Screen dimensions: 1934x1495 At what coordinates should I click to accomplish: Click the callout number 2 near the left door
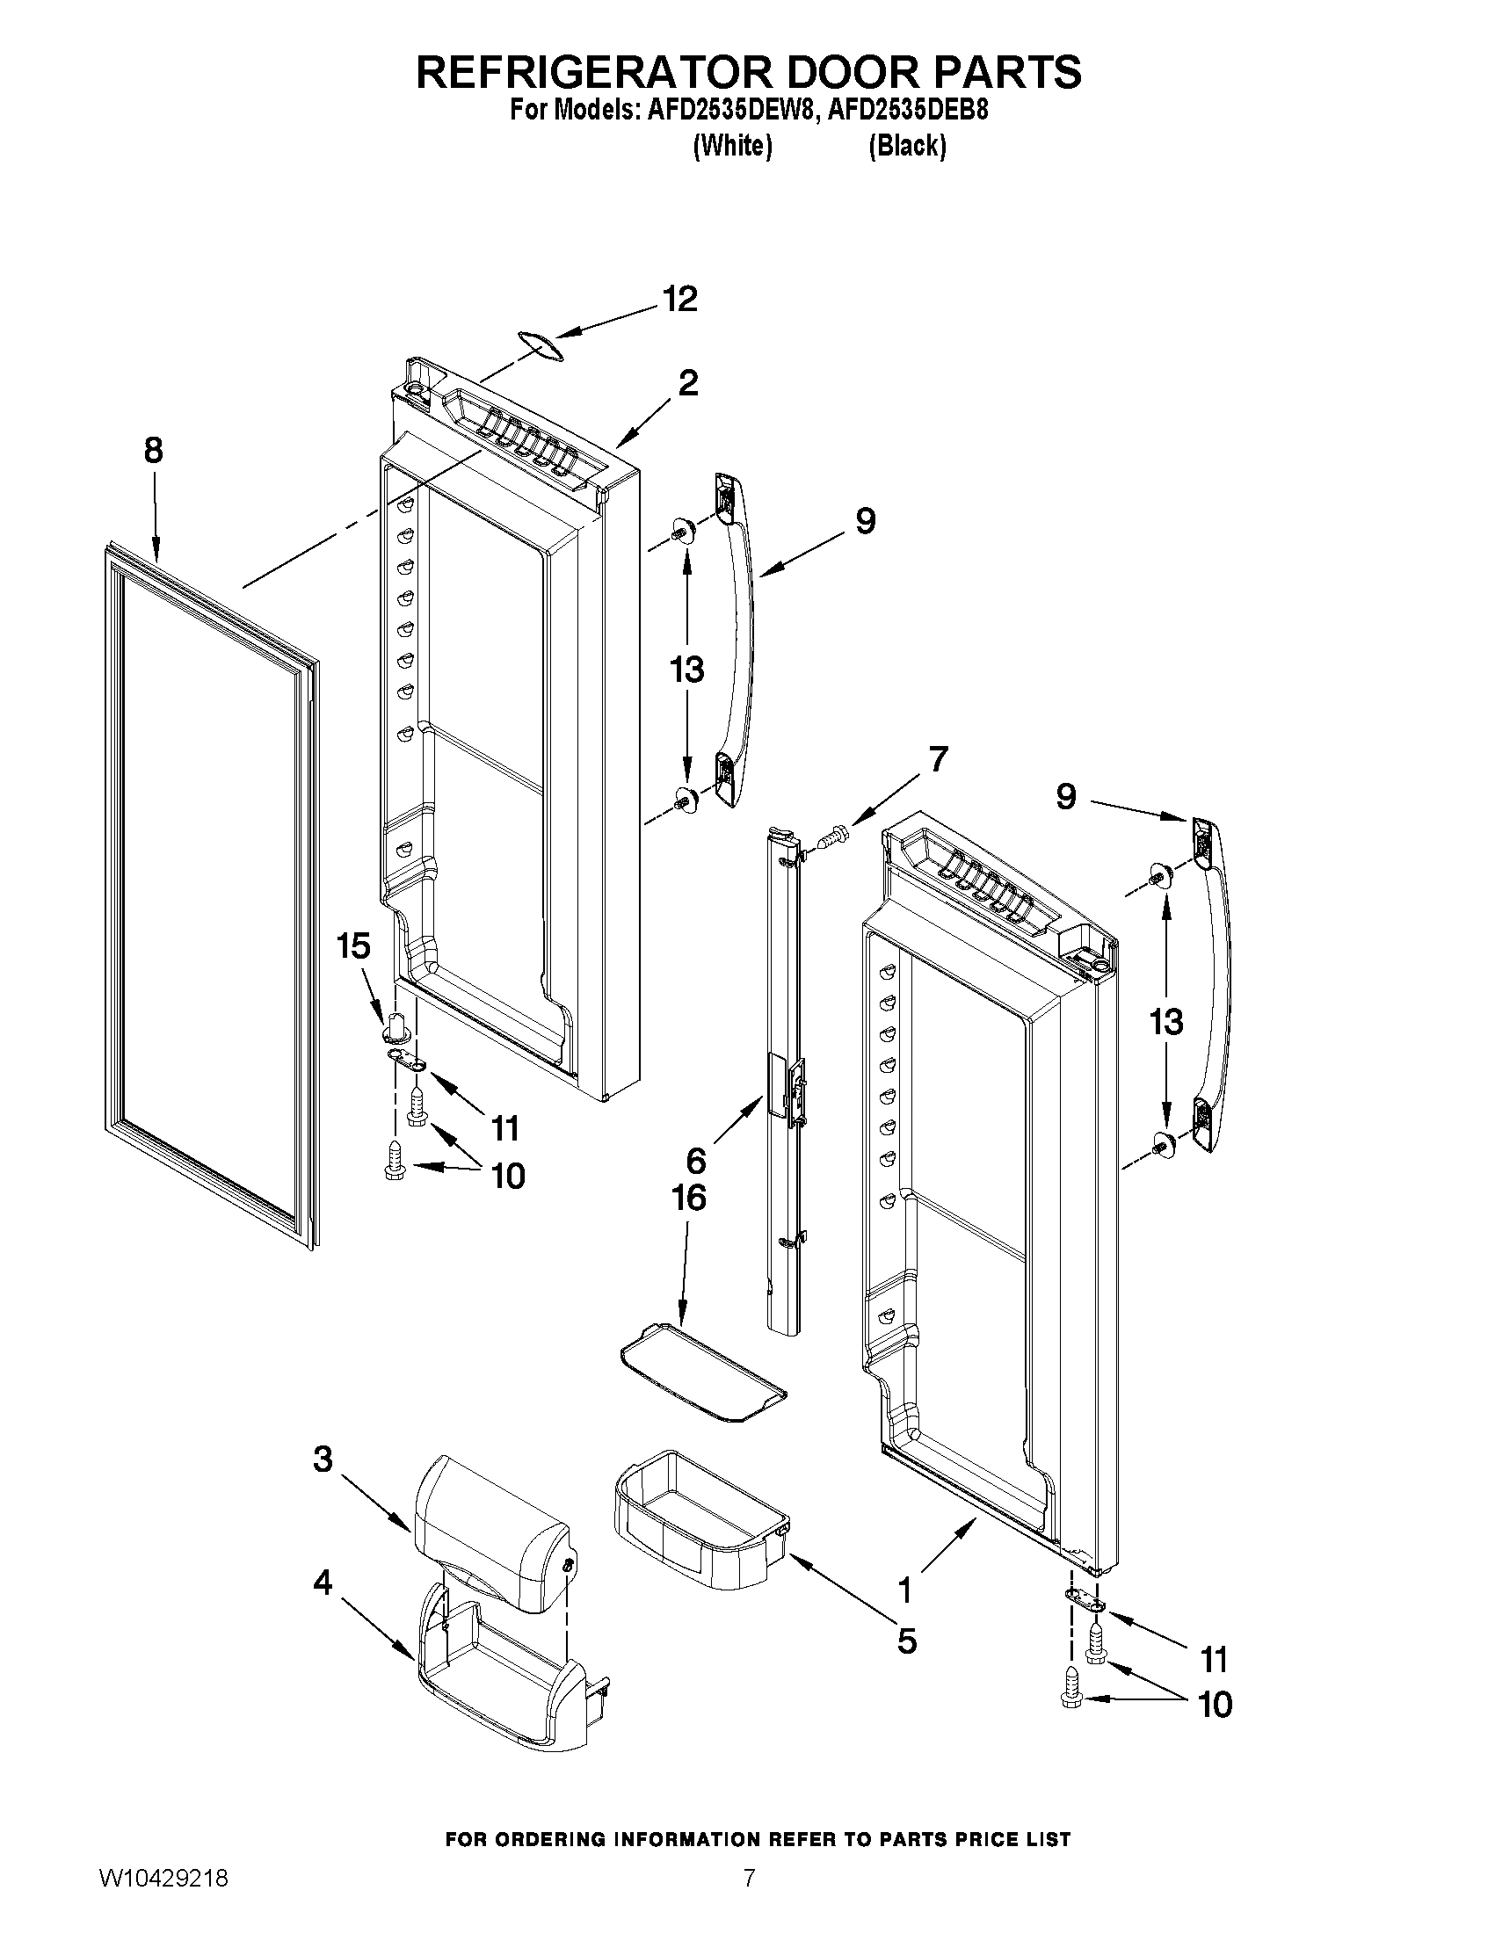point(687,382)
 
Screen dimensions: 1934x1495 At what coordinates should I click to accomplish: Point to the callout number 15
point(352,945)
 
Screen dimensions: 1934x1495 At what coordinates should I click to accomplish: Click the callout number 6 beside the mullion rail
point(696,1159)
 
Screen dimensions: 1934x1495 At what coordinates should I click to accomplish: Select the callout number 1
point(904,1591)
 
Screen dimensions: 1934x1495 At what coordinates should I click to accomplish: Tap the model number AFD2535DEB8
point(907,112)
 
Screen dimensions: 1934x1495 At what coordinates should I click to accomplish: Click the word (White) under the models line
point(731,145)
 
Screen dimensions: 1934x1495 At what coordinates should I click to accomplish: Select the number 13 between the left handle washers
point(686,670)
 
